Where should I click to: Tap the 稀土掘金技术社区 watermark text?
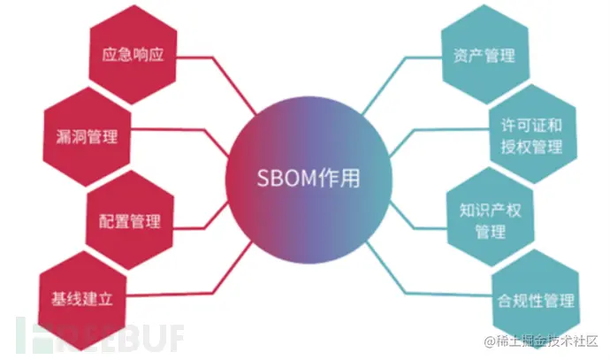[x=536, y=341]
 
